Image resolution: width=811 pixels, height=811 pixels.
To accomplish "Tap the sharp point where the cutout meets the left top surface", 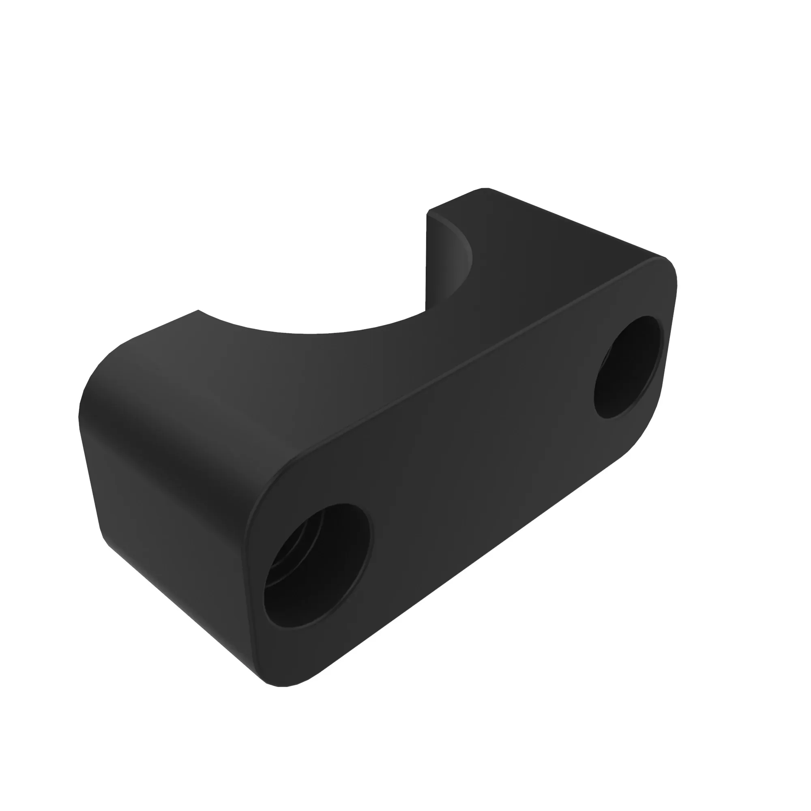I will [198, 311].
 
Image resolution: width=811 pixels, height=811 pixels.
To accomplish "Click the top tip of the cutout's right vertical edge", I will [427, 213].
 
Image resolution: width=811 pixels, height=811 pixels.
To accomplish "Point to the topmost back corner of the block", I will [485, 188].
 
